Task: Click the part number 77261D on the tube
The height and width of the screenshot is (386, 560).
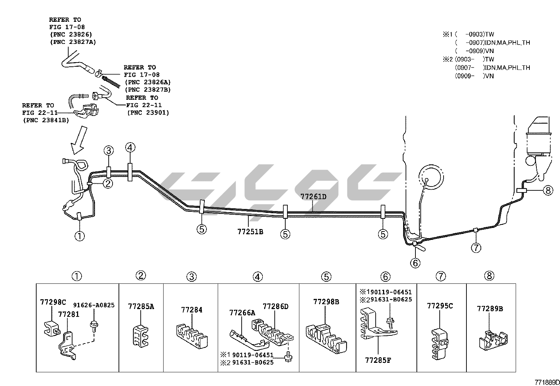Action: pos(313,197)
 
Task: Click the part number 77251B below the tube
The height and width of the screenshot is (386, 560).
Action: pos(250,232)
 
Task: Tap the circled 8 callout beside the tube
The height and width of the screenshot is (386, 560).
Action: pos(548,190)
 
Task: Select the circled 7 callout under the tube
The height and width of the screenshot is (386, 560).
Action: pos(476,248)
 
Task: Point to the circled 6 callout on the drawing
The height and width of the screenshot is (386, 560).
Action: pos(415,263)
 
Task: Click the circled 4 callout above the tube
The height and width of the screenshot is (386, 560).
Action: pos(130,148)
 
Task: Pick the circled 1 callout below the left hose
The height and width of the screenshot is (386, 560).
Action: pos(80,236)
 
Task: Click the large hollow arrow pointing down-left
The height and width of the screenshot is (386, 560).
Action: pos(78,143)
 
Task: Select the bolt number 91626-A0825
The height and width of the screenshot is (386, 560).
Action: pos(94,305)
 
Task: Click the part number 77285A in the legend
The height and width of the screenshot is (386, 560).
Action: pos(141,307)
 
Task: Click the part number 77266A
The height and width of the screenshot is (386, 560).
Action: pos(242,313)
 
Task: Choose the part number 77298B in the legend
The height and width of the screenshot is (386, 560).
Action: pos(326,302)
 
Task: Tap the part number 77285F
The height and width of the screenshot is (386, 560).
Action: pos(378,360)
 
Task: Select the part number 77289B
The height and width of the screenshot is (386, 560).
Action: pos(490,309)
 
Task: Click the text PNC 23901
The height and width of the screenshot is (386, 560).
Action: pos(148,113)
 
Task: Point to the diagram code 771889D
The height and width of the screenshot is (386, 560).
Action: pos(547,382)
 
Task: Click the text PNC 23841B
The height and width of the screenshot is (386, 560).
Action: pos(46,120)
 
